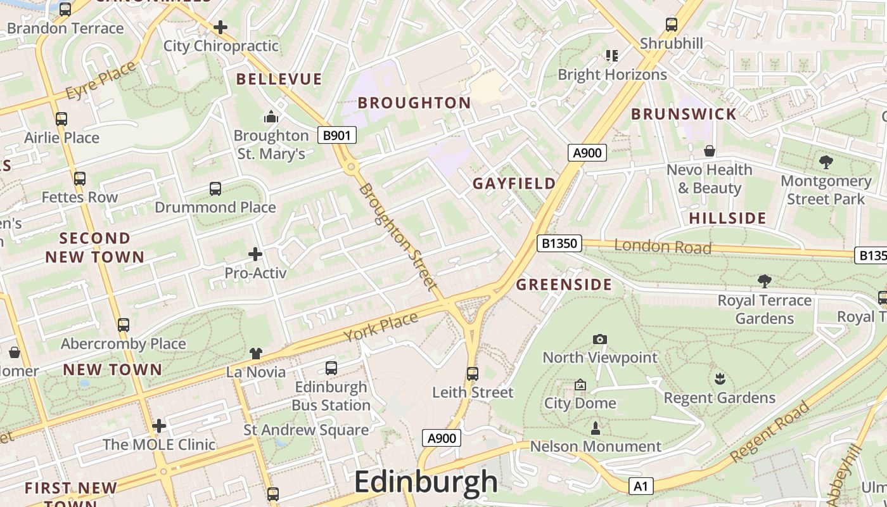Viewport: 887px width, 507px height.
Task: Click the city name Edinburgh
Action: point(426,482)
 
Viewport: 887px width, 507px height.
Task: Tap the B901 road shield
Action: point(336,135)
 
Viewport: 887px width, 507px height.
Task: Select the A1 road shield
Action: point(641,486)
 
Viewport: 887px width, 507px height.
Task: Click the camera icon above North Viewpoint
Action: point(599,340)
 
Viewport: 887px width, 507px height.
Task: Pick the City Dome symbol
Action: point(580,385)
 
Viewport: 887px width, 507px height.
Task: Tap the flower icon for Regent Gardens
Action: point(720,380)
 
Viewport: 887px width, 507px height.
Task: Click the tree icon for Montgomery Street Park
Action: point(826,162)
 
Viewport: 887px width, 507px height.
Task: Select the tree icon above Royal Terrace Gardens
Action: point(765,281)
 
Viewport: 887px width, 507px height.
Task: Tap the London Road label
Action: point(663,247)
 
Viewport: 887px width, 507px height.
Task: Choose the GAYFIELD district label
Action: point(514,184)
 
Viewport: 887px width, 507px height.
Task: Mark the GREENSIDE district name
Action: point(563,285)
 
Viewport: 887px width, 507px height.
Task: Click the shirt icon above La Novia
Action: point(255,354)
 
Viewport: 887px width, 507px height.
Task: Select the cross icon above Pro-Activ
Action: point(255,254)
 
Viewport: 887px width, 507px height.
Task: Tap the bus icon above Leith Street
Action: point(473,374)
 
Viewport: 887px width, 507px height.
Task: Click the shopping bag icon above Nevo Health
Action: point(710,151)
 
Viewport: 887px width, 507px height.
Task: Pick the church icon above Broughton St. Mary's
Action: point(271,117)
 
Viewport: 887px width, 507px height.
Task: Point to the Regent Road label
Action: point(770,432)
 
